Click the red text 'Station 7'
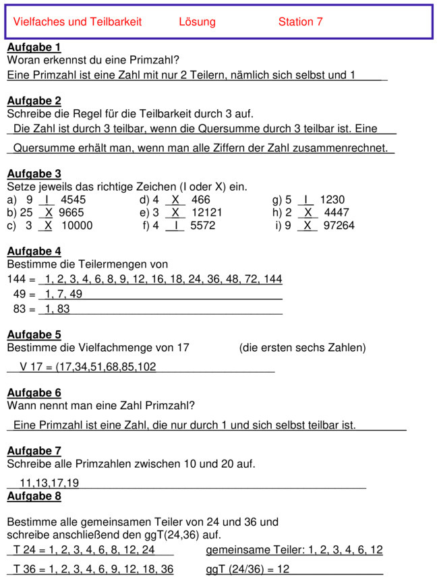point(300,22)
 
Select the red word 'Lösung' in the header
point(197,22)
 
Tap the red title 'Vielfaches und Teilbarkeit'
point(78,22)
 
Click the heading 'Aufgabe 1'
point(34,47)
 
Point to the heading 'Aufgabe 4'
point(34,251)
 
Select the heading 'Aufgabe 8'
point(34,496)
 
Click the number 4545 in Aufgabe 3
point(73,200)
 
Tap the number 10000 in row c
point(77,226)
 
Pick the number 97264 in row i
point(339,226)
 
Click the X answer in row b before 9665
point(49,212)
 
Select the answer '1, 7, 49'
point(63,294)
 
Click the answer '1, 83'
point(57,309)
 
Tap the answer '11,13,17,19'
point(49,483)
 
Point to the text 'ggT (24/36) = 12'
point(247,570)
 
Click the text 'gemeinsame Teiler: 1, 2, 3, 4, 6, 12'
point(294,549)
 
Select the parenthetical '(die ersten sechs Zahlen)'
point(302,348)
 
